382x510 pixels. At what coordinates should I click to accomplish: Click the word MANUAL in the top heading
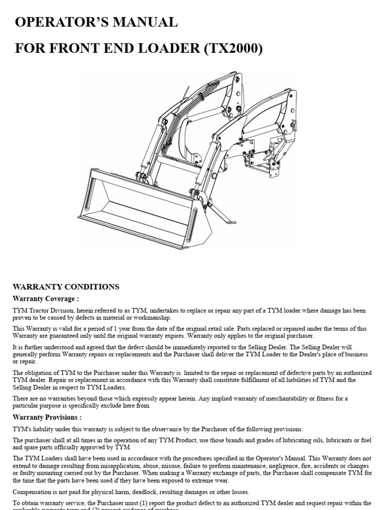(144, 22)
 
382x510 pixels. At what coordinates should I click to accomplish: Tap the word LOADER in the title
(155, 49)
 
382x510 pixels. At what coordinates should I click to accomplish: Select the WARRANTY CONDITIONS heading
(66, 287)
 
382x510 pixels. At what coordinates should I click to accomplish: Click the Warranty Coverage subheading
(45, 298)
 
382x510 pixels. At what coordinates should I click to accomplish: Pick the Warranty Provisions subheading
(47, 417)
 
